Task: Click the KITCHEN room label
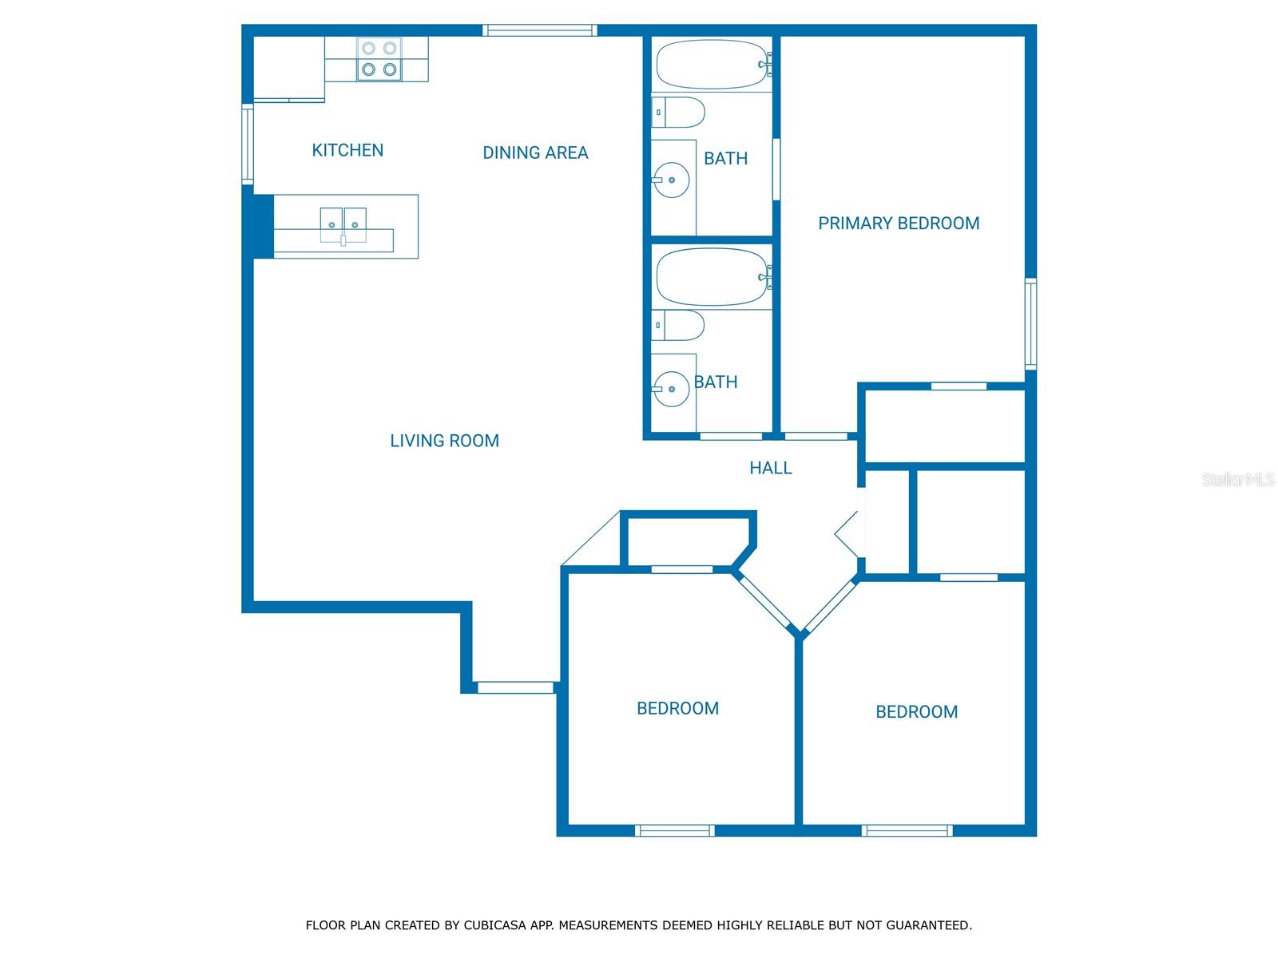pyautogui.click(x=347, y=150)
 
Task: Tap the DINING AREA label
pyautogui.click(x=535, y=152)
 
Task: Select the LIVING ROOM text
pyautogui.click(x=444, y=441)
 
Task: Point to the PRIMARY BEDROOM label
pyautogui.click(x=899, y=223)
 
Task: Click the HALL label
pyautogui.click(x=770, y=468)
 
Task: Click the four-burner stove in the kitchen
pyautogui.click(x=379, y=59)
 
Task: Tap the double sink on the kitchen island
pyautogui.click(x=343, y=225)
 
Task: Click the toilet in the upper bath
pyautogui.click(x=678, y=113)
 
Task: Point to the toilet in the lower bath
pyautogui.click(x=677, y=325)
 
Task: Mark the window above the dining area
pyautogui.click(x=540, y=30)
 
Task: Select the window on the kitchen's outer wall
pyautogui.click(x=248, y=144)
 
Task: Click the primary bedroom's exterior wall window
pyautogui.click(x=1030, y=323)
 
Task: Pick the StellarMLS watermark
pyautogui.click(x=1238, y=479)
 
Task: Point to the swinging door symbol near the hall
pyautogui.click(x=847, y=533)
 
